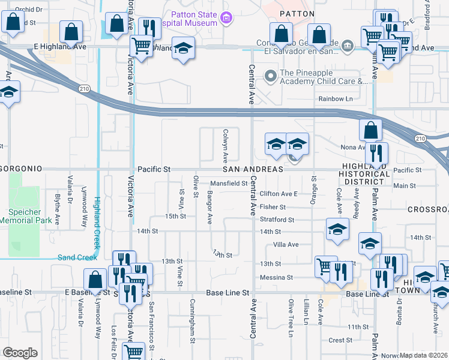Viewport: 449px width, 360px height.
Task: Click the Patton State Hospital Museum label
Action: [184, 18]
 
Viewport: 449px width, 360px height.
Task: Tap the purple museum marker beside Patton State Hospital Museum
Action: [226, 19]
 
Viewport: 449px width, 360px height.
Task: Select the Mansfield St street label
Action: [229, 184]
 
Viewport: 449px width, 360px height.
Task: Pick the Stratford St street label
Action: [277, 220]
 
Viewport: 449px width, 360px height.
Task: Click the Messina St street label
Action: [276, 277]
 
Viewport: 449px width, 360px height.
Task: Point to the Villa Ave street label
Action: [286, 245]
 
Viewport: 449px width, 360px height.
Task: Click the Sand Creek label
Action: [77, 257]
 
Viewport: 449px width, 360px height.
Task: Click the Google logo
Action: [20, 352]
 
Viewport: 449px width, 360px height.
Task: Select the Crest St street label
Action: [340, 340]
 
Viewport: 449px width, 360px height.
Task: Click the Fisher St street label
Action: [273, 207]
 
